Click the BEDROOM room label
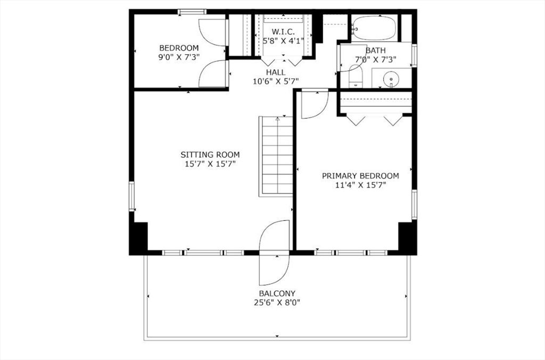tap(179, 48)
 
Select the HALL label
tap(276, 72)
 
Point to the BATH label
tap(375, 51)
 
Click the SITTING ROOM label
tap(210, 155)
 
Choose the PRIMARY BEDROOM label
tap(360, 176)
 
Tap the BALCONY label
tap(277, 294)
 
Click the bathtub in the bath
tap(374, 28)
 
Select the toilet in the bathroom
tap(356, 77)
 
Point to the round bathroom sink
tap(391, 79)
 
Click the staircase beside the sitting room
tap(276, 156)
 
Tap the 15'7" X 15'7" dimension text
tap(210, 164)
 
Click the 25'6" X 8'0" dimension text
tap(277, 303)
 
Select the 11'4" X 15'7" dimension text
tap(361, 185)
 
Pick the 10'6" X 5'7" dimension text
tap(276, 81)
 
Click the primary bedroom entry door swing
tap(315, 104)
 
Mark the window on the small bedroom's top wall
tap(192, 12)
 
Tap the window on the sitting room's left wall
tap(132, 196)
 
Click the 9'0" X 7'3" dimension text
tap(179, 57)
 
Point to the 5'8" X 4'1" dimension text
tap(283, 41)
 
